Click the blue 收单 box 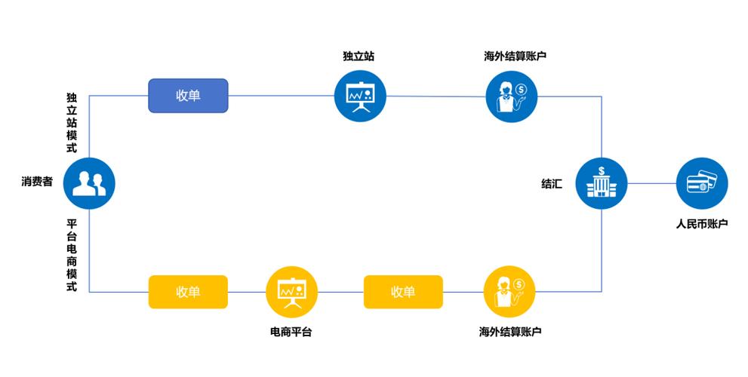(187, 96)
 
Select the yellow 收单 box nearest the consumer (187, 292)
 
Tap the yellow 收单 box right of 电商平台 (403, 292)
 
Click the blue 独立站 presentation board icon (360, 96)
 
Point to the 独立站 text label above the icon (360, 57)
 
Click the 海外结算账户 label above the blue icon (515, 57)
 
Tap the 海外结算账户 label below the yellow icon (510, 332)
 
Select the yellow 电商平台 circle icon (292, 292)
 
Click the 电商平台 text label (291, 332)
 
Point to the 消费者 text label (37, 182)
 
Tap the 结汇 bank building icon (602, 183)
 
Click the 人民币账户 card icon (701, 183)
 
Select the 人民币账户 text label (701, 224)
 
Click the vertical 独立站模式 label (72, 123)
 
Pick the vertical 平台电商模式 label (72, 256)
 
